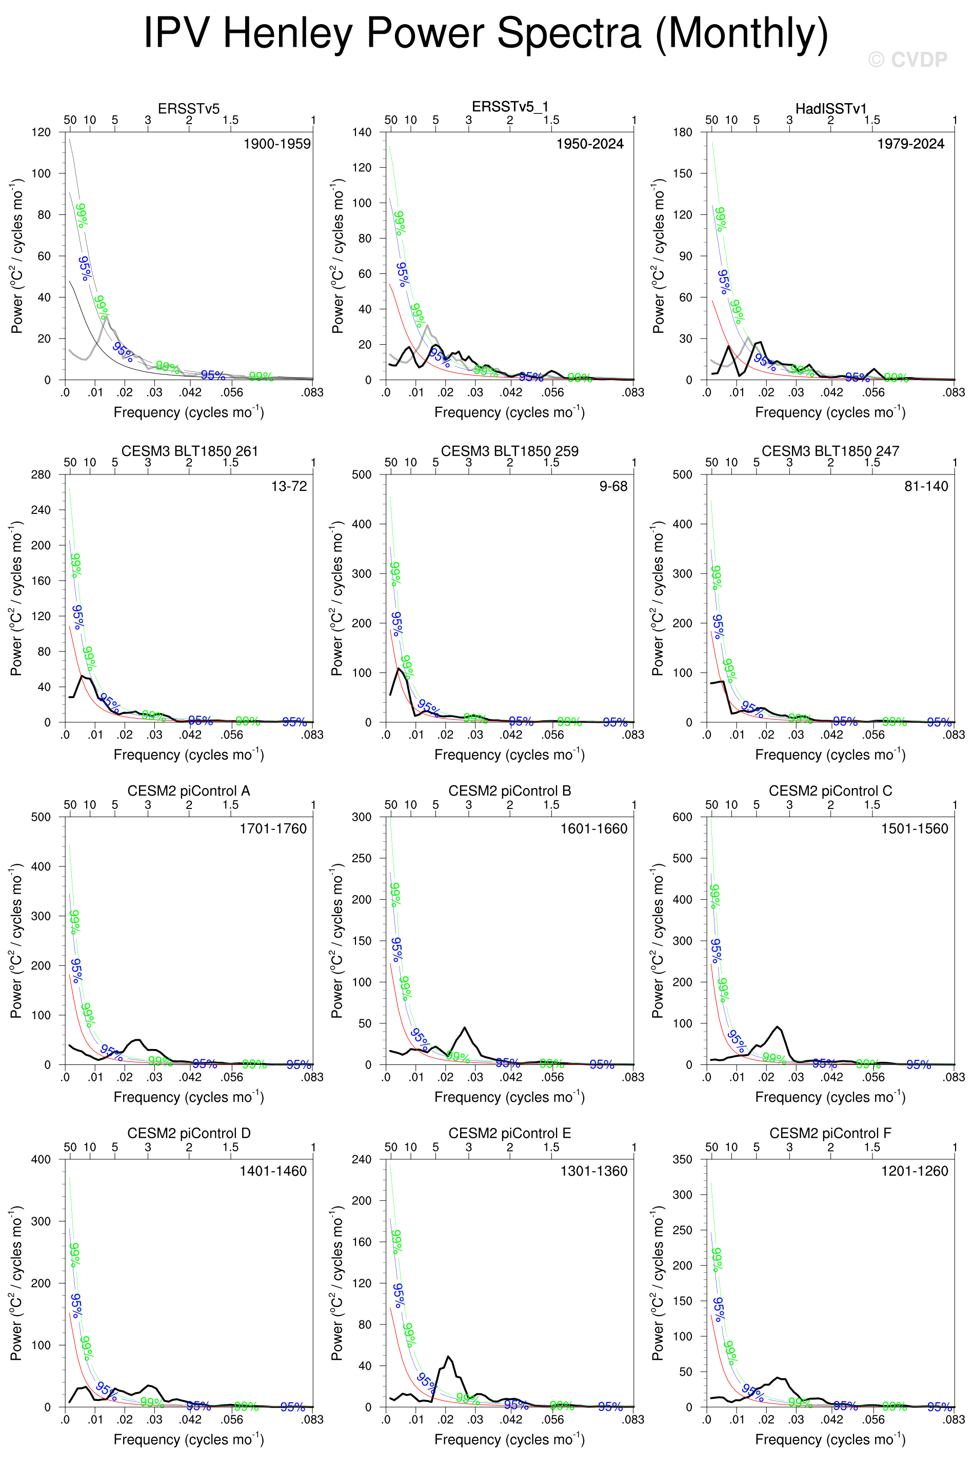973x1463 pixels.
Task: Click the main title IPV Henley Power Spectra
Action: pos(486,33)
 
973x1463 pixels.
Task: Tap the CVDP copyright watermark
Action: pos(907,60)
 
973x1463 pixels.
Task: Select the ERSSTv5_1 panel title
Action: pos(510,107)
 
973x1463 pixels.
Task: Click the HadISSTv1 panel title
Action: pos(831,109)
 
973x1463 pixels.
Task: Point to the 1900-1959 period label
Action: pos(277,144)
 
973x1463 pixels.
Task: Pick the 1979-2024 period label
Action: pos(910,144)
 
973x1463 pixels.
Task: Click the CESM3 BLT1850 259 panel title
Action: pos(509,451)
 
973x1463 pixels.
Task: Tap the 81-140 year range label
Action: pos(926,486)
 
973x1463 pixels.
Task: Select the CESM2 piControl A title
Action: pos(189,790)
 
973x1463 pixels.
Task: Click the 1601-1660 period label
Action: pos(594,828)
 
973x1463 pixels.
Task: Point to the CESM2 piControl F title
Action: pos(830,1133)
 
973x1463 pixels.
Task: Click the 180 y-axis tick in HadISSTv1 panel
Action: pos(683,132)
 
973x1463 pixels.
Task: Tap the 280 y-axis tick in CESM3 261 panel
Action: pos(41,475)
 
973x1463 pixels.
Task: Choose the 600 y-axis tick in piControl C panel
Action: pos(683,817)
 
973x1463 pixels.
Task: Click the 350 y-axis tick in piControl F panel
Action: pos(683,1160)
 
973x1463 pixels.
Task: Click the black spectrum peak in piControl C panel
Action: pos(778,1027)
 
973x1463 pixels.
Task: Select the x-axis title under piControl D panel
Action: pos(189,1439)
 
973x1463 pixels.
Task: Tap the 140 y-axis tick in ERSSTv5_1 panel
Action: pos(362,132)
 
